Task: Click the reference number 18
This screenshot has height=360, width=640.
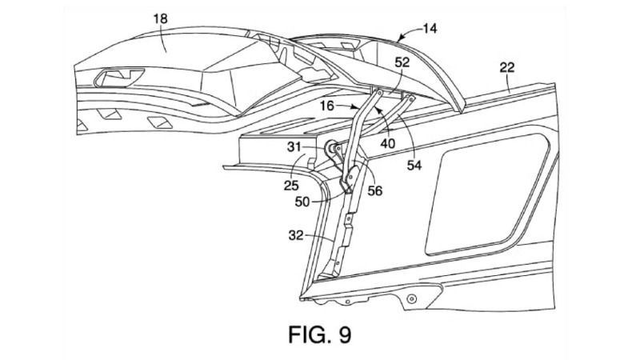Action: pyautogui.click(x=161, y=18)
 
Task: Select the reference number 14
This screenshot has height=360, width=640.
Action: pyautogui.click(x=429, y=29)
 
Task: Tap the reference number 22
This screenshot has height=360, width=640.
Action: pyautogui.click(x=507, y=67)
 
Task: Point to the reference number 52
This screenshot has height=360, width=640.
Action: pyautogui.click(x=402, y=62)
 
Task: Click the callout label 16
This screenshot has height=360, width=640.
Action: pyautogui.click(x=327, y=106)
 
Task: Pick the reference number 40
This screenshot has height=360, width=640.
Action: pyautogui.click(x=388, y=143)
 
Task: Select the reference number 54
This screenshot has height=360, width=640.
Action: pyautogui.click(x=414, y=166)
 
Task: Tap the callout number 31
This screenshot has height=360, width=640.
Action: pyautogui.click(x=294, y=147)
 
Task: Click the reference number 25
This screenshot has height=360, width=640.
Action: pyautogui.click(x=291, y=186)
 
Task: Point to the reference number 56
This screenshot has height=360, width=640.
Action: pyautogui.click(x=375, y=190)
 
